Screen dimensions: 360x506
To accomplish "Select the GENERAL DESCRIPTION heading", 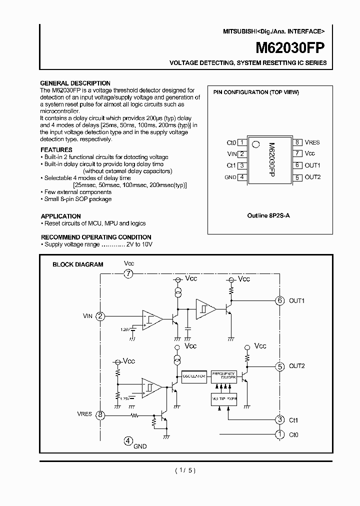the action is [75, 83].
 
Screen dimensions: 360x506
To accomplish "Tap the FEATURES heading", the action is [56, 150].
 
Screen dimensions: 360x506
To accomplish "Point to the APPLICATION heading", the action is [60, 216].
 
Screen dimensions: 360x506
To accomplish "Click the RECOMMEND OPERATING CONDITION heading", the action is [96, 237].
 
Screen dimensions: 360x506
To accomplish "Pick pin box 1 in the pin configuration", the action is [242, 142].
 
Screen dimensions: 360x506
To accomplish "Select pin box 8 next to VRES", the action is [296, 142].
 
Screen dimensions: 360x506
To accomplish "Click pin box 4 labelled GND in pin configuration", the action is [242, 177].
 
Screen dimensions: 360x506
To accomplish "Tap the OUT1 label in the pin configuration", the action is [312, 165].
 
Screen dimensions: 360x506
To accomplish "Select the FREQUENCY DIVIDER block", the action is [223, 376].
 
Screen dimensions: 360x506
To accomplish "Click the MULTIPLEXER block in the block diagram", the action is [223, 398].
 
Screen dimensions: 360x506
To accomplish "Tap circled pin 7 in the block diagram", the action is [129, 273].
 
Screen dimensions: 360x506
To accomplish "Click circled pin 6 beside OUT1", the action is [279, 300].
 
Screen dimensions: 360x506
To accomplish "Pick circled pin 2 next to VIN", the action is [100, 316].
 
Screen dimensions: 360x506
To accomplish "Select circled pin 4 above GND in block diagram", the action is [128, 441].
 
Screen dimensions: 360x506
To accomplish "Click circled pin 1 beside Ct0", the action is [279, 434].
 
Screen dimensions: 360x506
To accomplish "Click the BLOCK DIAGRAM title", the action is [78, 264].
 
